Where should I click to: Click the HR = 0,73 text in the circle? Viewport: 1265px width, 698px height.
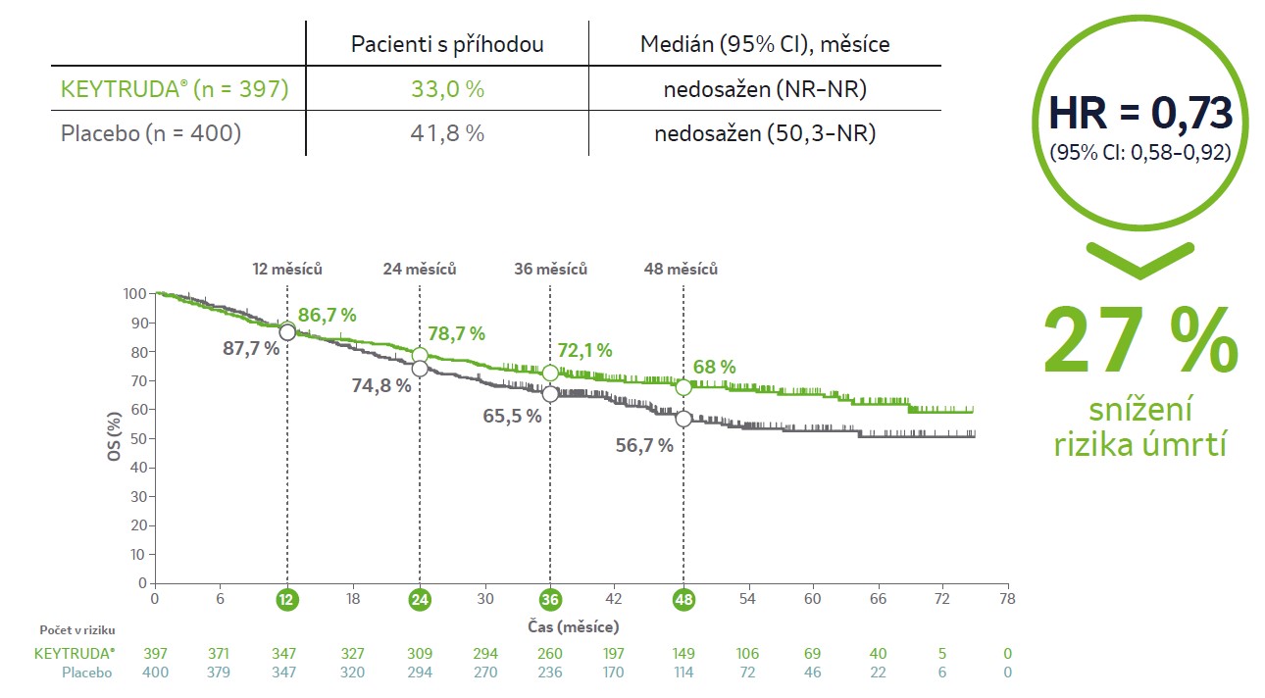click(1139, 114)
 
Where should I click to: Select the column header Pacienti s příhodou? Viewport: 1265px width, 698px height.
click(448, 44)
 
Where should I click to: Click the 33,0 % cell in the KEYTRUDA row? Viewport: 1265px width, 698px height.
click(448, 89)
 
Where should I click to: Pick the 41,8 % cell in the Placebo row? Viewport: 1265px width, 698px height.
click(448, 132)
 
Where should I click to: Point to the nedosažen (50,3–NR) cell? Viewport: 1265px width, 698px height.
click(765, 132)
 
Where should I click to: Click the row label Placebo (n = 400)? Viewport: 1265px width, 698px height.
click(151, 132)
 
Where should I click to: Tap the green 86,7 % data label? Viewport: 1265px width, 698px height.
click(327, 315)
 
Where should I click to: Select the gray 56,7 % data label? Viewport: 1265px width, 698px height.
click(644, 445)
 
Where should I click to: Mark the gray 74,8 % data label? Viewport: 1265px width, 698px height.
click(381, 385)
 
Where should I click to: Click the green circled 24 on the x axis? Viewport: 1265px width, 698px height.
click(420, 599)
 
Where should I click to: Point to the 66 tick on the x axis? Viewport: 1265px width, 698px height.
click(878, 599)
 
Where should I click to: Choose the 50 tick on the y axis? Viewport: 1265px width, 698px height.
click(139, 438)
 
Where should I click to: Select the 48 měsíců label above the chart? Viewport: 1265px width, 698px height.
click(681, 269)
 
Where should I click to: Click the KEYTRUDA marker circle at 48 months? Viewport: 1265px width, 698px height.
click(683, 387)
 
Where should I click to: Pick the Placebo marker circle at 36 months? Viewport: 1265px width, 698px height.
click(550, 393)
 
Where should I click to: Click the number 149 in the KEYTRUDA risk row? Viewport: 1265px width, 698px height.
click(683, 653)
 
